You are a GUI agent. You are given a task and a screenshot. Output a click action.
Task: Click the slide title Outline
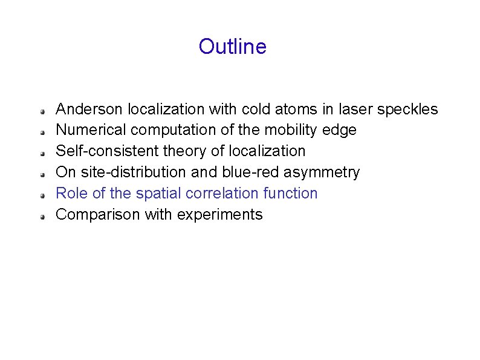tap(232, 47)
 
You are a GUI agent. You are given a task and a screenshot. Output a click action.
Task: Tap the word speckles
tap(407, 109)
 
